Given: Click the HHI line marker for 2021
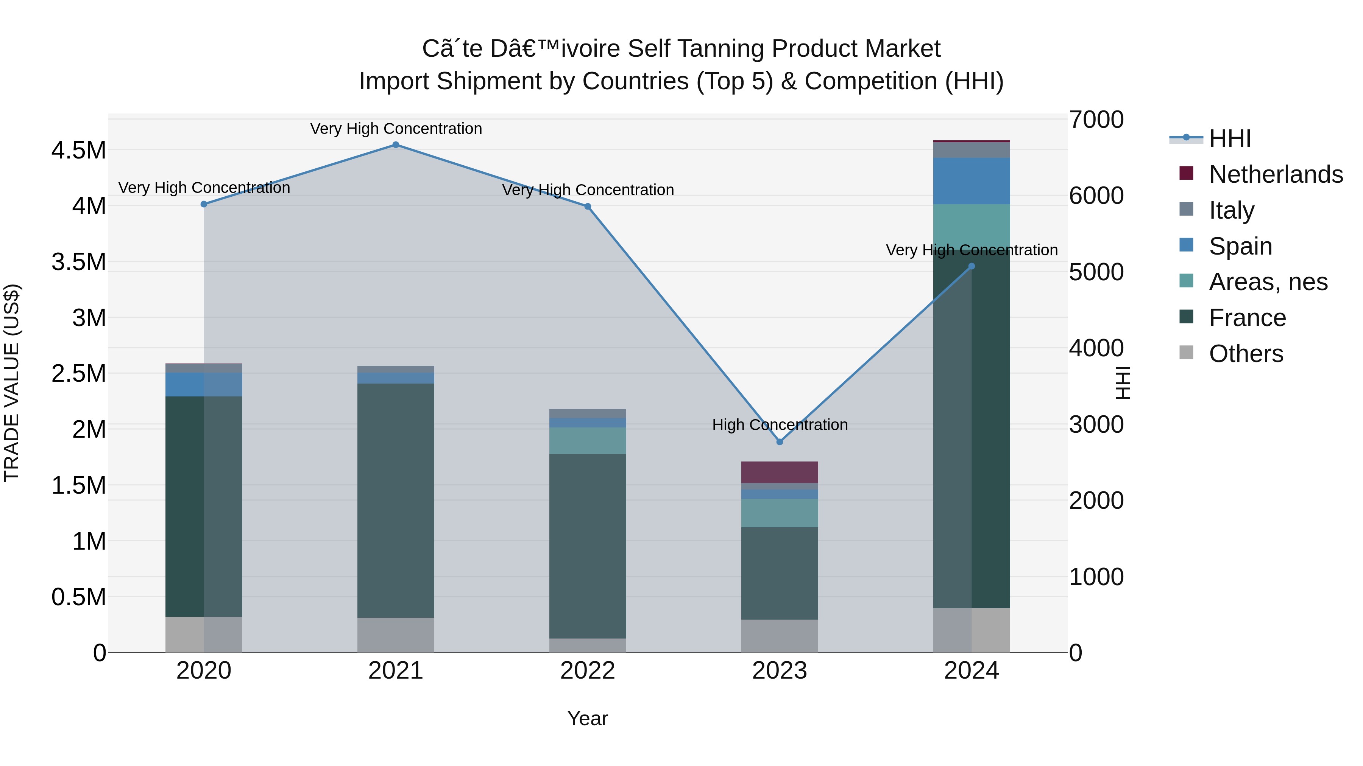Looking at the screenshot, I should pyautogui.click(x=395, y=145).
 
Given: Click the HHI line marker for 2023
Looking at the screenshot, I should pyautogui.click(x=780, y=442).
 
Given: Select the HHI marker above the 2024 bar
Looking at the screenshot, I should pyautogui.click(x=972, y=266).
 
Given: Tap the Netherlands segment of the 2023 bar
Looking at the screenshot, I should pyautogui.click(x=780, y=472).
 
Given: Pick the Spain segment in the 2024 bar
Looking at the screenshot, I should pyautogui.click(x=972, y=181).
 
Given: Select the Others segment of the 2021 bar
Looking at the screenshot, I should pyautogui.click(x=395, y=635).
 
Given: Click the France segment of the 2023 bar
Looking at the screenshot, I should pyautogui.click(x=780, y=573).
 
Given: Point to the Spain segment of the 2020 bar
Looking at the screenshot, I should pyautogui.click(x=204, y=384).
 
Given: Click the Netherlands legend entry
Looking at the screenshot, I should pyautogui.click(x=1275, y=174).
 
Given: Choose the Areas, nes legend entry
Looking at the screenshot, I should pyautogui.click(x=1268, y=282).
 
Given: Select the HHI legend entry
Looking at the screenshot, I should pyautogui.click(x=1230, y=138).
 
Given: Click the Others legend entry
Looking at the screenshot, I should pyautogui.click(x=1246, y=354).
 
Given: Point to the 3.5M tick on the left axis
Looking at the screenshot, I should pyautogui.click(x=79, y=262).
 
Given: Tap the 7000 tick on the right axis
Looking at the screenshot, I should pyautogui.click(x=1096, y=120).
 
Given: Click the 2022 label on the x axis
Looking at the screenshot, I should pyautogui.click(x=587, y=671).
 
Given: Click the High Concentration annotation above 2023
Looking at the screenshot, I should pyautogui.click(x=780, y=425).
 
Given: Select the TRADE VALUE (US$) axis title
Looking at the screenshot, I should pyautogui.click(x=12, y=383).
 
